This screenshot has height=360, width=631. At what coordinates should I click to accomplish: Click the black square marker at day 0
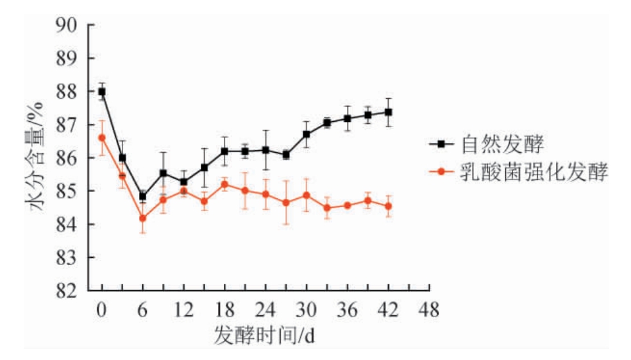pyautogui.click(x=102, y=92)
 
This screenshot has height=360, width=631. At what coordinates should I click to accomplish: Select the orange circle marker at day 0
pyautogui.click(x=102, y=137)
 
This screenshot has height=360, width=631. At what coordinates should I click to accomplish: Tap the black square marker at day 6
pyautogui.click(x=143, y=196)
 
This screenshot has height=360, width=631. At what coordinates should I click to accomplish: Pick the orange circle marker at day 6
pyautogui.click(x=143, y=218)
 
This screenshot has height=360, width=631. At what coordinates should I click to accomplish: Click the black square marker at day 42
pyautogui.click(x=389, y=112)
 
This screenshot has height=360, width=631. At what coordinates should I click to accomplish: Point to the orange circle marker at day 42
pyautogui.click(x=389, y=206)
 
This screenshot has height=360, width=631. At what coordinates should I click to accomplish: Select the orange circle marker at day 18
pyautogui.click(x=224, y=184)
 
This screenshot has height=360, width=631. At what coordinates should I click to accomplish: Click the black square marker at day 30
pyautogui.click(x=307, y=134)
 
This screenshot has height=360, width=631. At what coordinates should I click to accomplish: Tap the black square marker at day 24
pyautogui.click(x=265, y=150)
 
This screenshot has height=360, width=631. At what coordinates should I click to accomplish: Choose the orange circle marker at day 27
pyautogui.click(x=286, y=203)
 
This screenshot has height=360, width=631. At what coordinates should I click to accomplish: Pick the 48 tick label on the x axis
pyautogui.click(x=429, y=311)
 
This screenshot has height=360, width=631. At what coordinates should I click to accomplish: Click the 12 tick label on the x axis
pyautogui.click(x=183, y=311)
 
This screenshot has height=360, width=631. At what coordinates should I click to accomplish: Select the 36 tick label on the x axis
pyautogui.click(x=348, y=311)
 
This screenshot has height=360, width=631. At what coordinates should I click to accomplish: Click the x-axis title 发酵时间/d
pyautogui.click(x=264, y=334)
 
